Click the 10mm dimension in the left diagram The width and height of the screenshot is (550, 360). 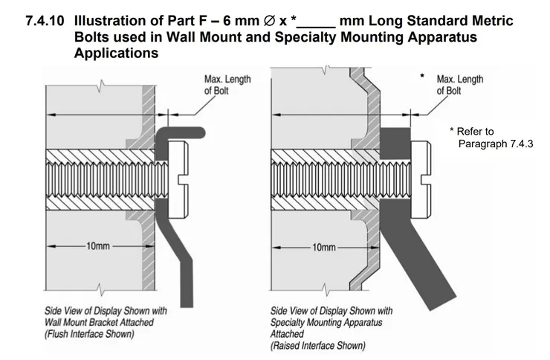98,246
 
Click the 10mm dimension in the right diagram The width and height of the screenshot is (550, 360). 325,246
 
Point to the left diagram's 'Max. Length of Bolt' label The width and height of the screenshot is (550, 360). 227,85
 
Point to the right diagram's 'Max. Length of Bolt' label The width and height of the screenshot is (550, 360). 459,85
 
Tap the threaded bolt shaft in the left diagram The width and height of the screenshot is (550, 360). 104,179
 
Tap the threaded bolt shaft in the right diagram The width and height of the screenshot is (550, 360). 327,179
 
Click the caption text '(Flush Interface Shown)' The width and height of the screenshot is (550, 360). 89,334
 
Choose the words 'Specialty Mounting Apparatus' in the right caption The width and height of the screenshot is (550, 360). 326,322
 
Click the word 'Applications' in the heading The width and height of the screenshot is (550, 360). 116,53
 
